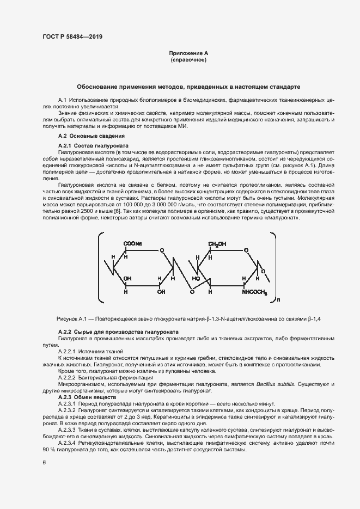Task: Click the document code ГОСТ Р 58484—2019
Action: click(72, 36)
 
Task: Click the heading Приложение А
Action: click(188, 53)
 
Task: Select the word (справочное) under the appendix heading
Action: click(188, 60)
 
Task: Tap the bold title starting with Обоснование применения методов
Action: click(188, 87)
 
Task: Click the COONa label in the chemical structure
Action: click(133, 243)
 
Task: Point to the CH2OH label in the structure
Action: click(217, 243)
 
